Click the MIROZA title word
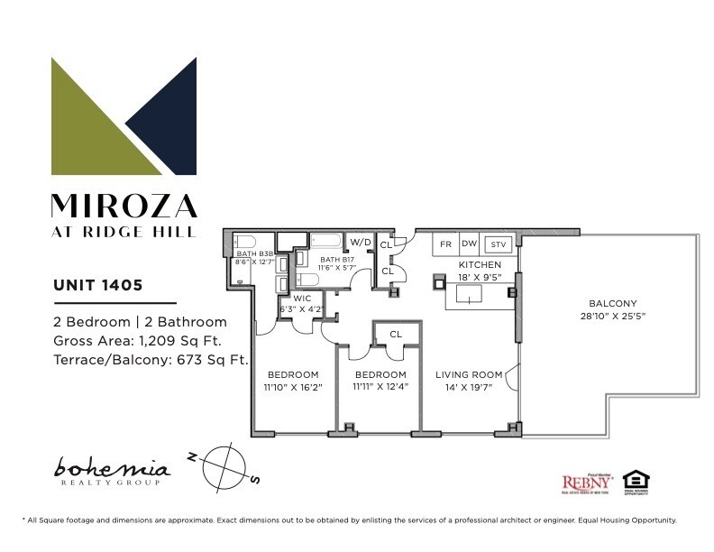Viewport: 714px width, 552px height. [124, 206]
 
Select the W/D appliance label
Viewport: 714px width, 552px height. [361, 242]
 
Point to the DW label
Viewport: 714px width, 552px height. [469, 244]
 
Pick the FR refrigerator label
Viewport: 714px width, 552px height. [445, 244]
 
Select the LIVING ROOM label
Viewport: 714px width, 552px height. [468, 374]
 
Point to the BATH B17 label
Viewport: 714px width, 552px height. [336, 259]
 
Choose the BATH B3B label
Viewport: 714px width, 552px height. [254, 254]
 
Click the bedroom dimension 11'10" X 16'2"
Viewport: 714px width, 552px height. [293, 386]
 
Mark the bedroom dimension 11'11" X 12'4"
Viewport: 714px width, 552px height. [381, 386]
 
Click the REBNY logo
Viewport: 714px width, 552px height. [582, 483]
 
